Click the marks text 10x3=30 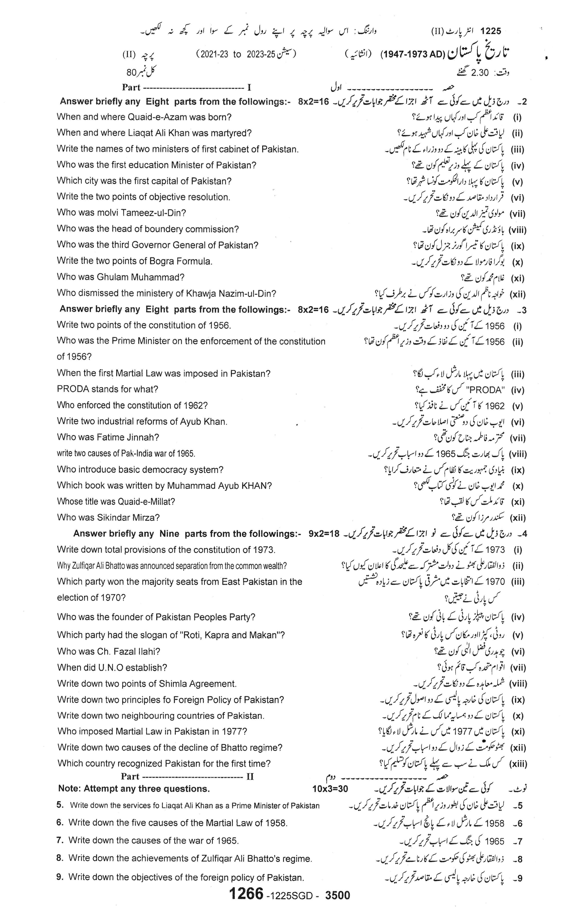pyautogui.click(x=330, y=789)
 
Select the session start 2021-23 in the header pyautogui.click(x=213, y=54)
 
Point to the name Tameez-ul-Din pyautogui.click(x=153, y=213)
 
